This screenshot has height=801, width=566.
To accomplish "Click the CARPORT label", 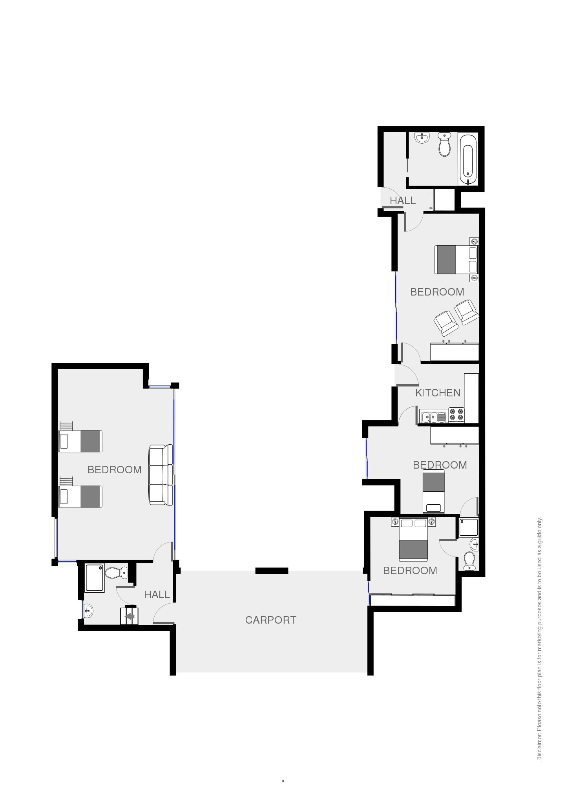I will coord(270,620).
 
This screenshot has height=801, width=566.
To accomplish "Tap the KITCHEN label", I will coord(438,393).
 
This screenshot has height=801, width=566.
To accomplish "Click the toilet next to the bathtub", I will coord(444,144).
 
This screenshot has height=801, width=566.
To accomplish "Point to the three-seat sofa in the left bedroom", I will coord(161,475).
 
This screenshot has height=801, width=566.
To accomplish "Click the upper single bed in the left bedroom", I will coord(80,441).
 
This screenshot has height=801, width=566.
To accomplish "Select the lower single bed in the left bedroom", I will coord(80,496).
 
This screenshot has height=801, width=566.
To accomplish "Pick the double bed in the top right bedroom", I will coord(456,259).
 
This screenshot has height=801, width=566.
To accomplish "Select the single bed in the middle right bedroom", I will coord(434,492).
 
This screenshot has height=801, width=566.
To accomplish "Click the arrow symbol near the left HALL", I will coord(130,617).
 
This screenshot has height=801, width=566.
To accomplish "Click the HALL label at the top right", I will coord(403,201).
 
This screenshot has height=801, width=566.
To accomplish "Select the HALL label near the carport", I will coord(157,595).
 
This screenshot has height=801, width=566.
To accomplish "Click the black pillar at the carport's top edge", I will coord(272,571).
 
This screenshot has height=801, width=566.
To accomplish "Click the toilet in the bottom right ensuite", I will coord(469,560).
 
